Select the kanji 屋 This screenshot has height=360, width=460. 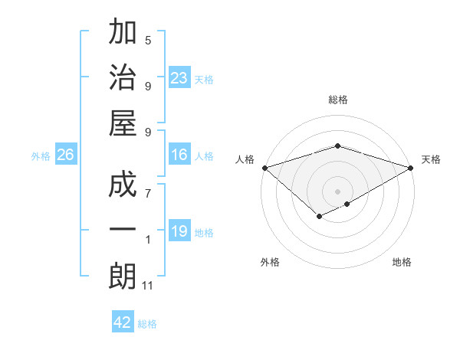coord(123,122)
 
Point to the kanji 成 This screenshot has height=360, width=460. coord(123,186)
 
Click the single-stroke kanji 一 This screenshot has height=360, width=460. coord(123,231)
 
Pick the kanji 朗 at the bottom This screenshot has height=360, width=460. coord(123,275)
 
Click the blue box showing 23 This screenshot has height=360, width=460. coord(179,78)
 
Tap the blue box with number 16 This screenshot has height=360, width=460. coord(179,155)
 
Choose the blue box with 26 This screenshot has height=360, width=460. coord(66,155)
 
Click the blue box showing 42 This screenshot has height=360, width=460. coord(123,322)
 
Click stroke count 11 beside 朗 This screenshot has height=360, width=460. coord(149,285)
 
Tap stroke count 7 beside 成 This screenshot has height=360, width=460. coord(148,194)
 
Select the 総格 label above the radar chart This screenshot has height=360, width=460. coord(338,100)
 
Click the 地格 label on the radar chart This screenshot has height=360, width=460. coord(402,262)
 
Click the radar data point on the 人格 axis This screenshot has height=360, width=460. coord(264,168)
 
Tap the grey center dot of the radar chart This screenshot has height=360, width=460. coord(337,190)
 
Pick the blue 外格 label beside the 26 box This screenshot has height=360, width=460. coord(41,156)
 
